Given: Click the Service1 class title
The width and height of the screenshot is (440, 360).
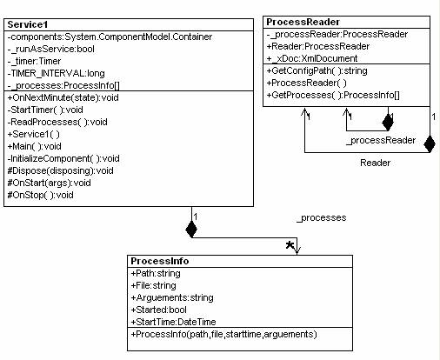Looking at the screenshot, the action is coord(28,24).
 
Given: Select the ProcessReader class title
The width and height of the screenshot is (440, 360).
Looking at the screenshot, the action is coord(303,22).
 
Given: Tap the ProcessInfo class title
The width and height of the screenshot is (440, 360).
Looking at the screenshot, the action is coord(160,261).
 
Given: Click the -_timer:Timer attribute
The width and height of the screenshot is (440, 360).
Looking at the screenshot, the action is coord(34,62).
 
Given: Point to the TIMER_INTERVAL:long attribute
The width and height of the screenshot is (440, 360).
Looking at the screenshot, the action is coord(56,74).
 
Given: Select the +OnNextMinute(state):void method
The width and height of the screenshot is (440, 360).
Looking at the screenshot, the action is coord(63,97).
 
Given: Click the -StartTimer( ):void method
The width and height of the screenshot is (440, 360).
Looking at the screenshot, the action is coord(45,110).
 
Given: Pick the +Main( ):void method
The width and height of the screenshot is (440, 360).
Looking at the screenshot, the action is coord(34,146).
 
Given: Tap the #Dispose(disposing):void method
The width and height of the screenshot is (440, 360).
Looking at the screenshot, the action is coord(60,170).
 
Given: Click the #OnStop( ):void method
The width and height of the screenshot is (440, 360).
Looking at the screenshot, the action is coord(40,195).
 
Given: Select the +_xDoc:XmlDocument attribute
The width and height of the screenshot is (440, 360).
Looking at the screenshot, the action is coord(312,59).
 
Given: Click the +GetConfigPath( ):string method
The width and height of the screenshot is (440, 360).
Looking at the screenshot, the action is coord(317,71).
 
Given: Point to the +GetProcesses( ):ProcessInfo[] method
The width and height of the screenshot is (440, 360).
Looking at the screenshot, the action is coord(333,96).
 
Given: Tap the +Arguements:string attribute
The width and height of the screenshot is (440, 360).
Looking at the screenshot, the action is coord(172,298).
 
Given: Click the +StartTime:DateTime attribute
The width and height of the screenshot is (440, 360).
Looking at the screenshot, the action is coord(173,322).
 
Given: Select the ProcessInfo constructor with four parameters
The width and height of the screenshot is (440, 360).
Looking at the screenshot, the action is coord(223,335).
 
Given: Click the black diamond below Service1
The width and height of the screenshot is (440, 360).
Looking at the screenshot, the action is coord(191,230).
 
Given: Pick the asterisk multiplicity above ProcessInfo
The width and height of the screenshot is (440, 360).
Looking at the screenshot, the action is coord(290,245).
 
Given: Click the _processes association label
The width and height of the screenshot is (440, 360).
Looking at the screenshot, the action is coord(322,218).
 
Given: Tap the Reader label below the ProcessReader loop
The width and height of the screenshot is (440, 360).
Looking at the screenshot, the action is coord(375,163).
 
